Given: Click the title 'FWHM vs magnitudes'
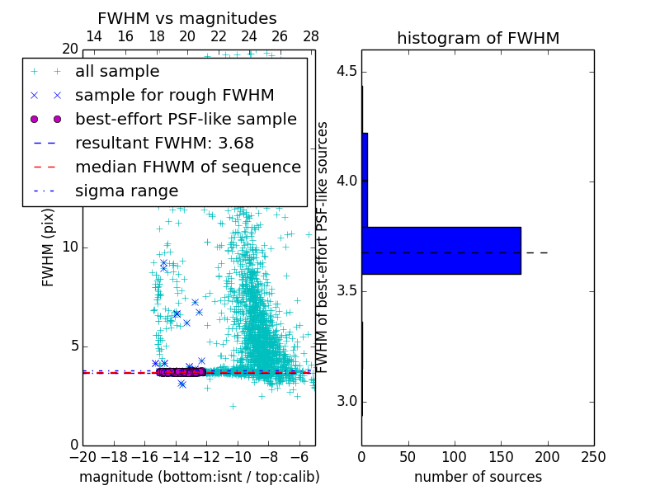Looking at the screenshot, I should [x=186, y=19].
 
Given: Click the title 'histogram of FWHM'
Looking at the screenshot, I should [x=478, y=39].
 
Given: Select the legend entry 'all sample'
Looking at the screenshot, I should [x=117, y=72].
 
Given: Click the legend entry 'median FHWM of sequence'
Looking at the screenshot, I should [x=187, y=167].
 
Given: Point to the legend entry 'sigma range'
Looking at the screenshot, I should [x=126, y=191].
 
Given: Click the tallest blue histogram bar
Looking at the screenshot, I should [x=441, y=250].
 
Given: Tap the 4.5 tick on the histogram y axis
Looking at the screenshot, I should [x=348, y=71].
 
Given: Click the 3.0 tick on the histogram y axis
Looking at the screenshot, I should [x=348, y=402].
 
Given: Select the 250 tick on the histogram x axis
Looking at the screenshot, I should [x=593, y=457].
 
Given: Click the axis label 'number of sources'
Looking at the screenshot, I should [x=478, y=477].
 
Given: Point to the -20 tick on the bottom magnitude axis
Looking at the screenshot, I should [x=82, y=457].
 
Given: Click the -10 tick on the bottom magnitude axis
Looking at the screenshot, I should [x=238, y=457].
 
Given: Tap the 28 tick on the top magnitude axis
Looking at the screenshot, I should [x=311, y=37].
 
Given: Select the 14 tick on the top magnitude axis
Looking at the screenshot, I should [x=94, y=37].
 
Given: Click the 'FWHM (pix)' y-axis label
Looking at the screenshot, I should [x=49, y=247].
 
